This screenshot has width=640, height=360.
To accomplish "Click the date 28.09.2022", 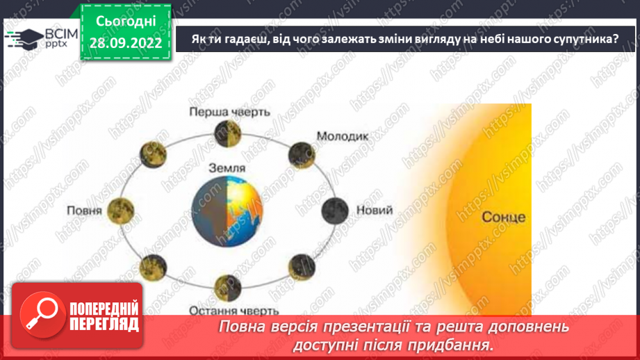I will (125, 43).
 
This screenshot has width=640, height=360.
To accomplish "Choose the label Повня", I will (85, 211).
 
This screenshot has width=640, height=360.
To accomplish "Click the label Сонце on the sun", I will (504, 218).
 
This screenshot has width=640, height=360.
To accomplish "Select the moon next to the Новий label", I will (337, 208).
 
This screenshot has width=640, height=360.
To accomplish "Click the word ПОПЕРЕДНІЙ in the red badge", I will (104, 309).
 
